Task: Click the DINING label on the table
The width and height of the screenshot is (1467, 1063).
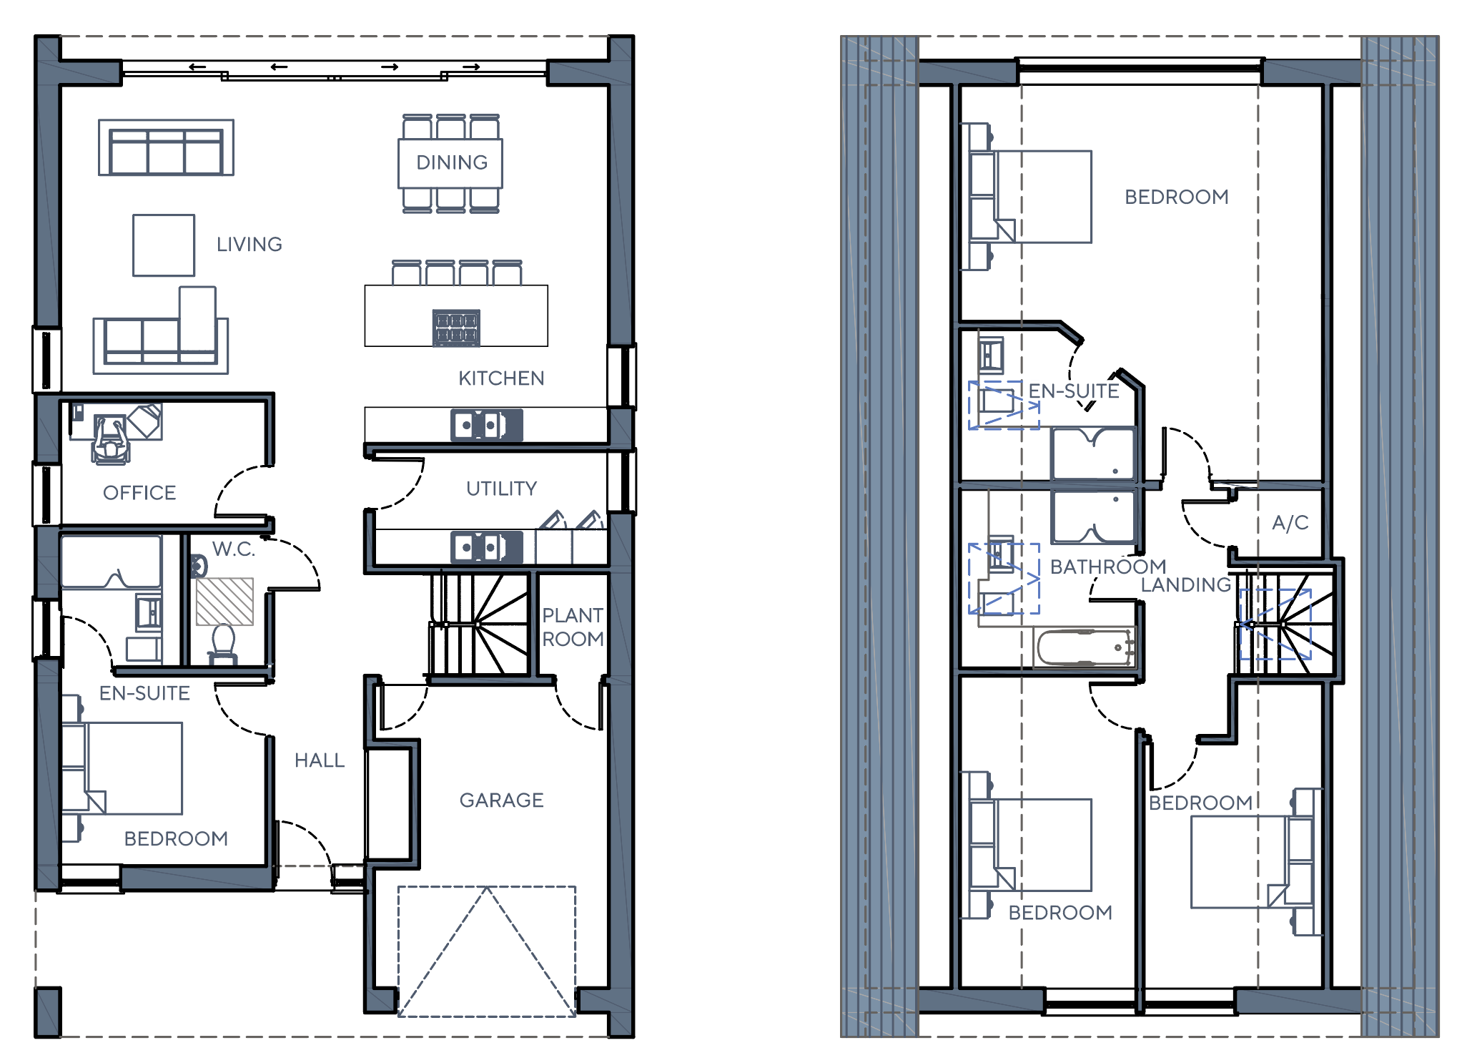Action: [x=452, y=162]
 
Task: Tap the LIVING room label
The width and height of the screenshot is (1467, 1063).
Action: [x=250, y=245]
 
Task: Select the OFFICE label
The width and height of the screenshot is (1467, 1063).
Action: [x=139, y=493]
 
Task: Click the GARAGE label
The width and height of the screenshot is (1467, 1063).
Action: [x=502, y=800]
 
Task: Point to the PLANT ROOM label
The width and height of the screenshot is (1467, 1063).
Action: [x=573, y=627]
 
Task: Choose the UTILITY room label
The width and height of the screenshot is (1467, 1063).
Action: [x=502, y=489]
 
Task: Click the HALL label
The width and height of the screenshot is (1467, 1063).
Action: [x=320, y=760]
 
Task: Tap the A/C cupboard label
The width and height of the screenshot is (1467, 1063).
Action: [x=1290, y=523]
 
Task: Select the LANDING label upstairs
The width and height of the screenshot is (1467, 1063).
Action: [x=1186, y=585]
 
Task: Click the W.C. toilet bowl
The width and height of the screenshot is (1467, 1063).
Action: [x=224, y=642]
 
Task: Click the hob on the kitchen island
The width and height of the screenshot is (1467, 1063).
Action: [x=456, y=328]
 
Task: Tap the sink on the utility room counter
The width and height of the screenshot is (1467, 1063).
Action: [x=487, y=547]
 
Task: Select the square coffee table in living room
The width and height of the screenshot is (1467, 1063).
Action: [x=164, y=245]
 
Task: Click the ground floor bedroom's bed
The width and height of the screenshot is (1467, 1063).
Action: [x=122, y=768]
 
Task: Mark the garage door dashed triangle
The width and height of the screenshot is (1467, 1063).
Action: [x=487, y=951]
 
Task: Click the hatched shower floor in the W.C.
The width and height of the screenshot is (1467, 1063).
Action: [x=224, y=602]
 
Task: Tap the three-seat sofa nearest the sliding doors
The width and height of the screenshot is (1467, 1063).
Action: [x=166, y=147]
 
